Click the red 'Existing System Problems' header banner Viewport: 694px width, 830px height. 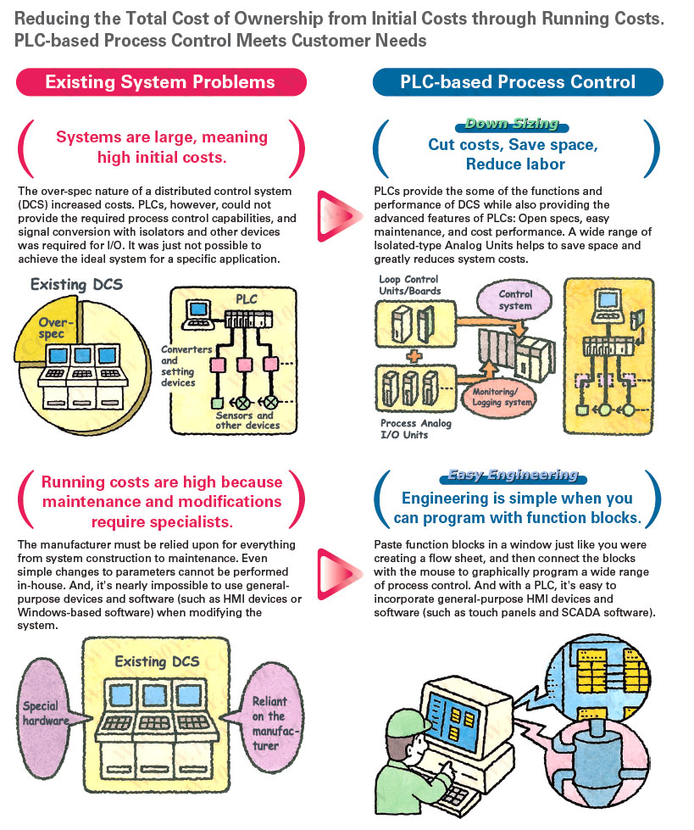[160, 82]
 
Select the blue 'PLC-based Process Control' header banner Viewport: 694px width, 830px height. [518, 82]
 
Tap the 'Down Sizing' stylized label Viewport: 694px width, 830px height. [512, 124]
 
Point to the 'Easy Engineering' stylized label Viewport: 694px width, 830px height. [514, 475]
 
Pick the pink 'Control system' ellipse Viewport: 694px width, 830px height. [515, 301]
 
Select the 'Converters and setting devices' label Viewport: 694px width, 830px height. [178, 365]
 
